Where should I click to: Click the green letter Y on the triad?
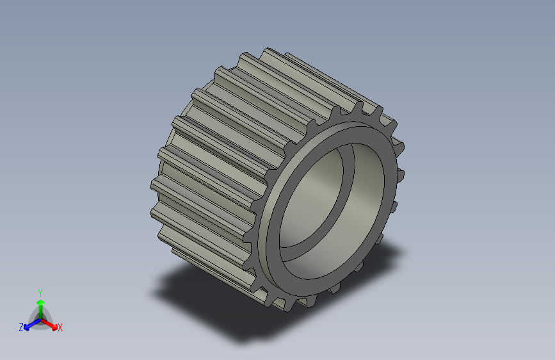pos(40,291)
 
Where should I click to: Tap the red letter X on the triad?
pos(60,328)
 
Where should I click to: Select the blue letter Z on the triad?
pos(21,327)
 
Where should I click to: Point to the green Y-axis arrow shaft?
pos(40,311)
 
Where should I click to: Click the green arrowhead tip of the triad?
pos(40,299)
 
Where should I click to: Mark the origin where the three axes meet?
pos(40,319)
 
